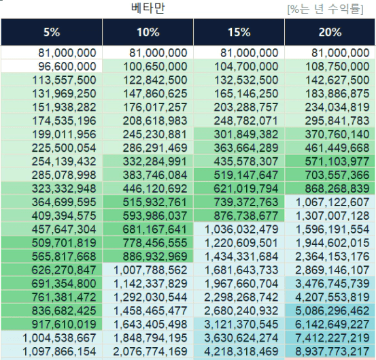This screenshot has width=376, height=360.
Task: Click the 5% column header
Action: point(52,32)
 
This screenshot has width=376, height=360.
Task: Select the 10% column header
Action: point(148,32)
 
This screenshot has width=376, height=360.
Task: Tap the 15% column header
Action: point(239,32)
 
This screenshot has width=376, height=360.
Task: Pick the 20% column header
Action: point(330,32)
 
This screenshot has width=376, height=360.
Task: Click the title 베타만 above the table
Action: point(148,8)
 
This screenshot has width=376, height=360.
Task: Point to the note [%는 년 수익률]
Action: point(326,10)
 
